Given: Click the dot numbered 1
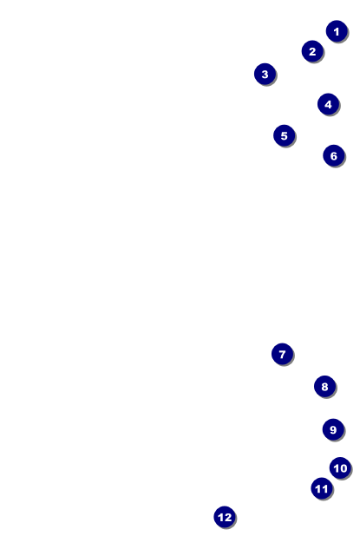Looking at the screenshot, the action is pyautogui.click(x=337, y=31).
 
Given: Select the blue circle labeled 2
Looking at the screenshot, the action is pyautogui.click(x=312, y=51).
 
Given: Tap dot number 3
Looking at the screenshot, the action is pyautogui.click(x=265, y=75).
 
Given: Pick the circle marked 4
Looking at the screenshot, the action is pyautogui.click(x=328, y=104).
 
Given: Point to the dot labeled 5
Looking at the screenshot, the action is pyautogui.click(x=285, y=135).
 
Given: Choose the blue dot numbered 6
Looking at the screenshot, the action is pyautogui.click(x=334, y=156).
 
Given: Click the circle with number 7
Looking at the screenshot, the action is pyautogui.click(x=282, y=355).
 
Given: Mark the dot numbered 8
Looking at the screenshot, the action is pyautogui.click(x=325, y=387).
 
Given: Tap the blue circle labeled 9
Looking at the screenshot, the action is pyautogui.click(x=333, y=429).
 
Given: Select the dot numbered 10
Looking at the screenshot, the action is pyautogui.click(x=340, y=468).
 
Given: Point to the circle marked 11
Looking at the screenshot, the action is pyautogui.click(x=322, y=488).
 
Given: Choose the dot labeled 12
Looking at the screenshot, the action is pyautogui.click(x=225, y=517).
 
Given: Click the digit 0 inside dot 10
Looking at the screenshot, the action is pyautogui.click(x=344, y=468).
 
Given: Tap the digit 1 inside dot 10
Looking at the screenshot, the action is pyautogui.click(x=337, y=468).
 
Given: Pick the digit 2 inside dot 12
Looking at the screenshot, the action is pyautogui.click(x=228, y=517).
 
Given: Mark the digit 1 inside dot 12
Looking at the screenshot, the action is pyautogui.click(x=221, y=517).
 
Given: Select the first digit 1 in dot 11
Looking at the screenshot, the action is pyautogui.click(x=318, y=488).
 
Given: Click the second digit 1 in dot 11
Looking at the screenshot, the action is pyautogui.click(x=325, y=488).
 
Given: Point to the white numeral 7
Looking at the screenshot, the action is pyautogui.click(x=282, y=355).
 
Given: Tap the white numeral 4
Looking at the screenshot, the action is pyautogui.click(x=328, y=104).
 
